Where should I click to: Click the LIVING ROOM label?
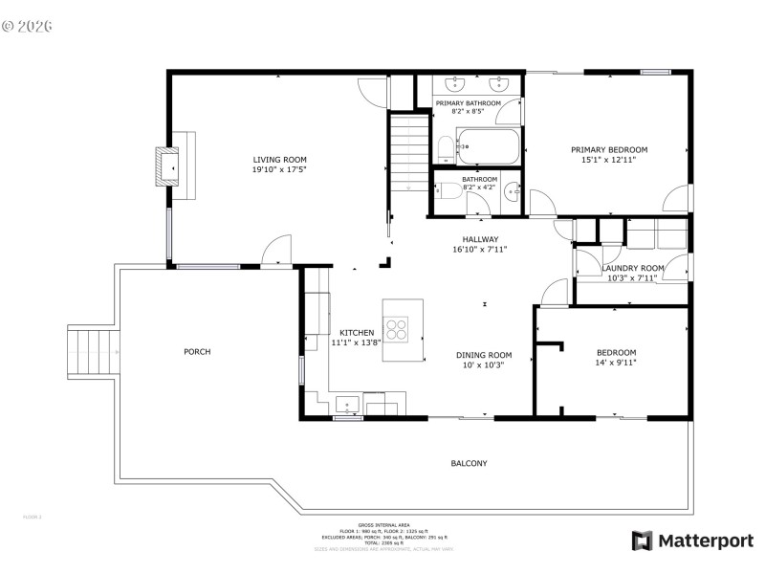279,160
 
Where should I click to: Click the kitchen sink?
346,403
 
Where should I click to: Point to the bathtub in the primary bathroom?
488,148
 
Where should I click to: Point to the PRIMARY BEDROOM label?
609,149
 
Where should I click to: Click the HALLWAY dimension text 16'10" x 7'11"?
479,250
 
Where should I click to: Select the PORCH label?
197,351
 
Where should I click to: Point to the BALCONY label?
469,463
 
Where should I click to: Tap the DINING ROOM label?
483,355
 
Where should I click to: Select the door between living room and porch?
276,251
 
